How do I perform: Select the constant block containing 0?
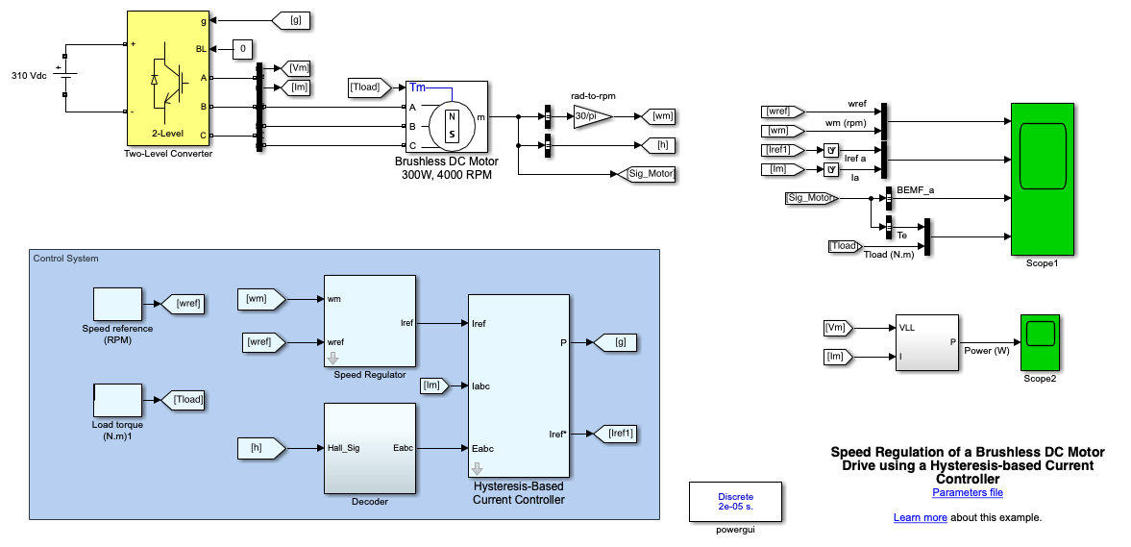(x=243, y=48)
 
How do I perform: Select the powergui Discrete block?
(x=735, y=501)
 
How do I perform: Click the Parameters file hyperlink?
(x=967, y=493)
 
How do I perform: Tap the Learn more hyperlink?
(x=920, y=517)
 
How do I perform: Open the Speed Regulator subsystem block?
(x=369, y=320)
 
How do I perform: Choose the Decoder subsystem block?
(x=369, y=447)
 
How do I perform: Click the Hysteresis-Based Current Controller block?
(x=518, y=385)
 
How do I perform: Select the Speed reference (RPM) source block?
(x=117, y=304)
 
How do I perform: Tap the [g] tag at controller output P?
(x=615, y=341)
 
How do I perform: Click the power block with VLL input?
(x=926, y=341)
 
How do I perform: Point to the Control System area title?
(x=65, y=258)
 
